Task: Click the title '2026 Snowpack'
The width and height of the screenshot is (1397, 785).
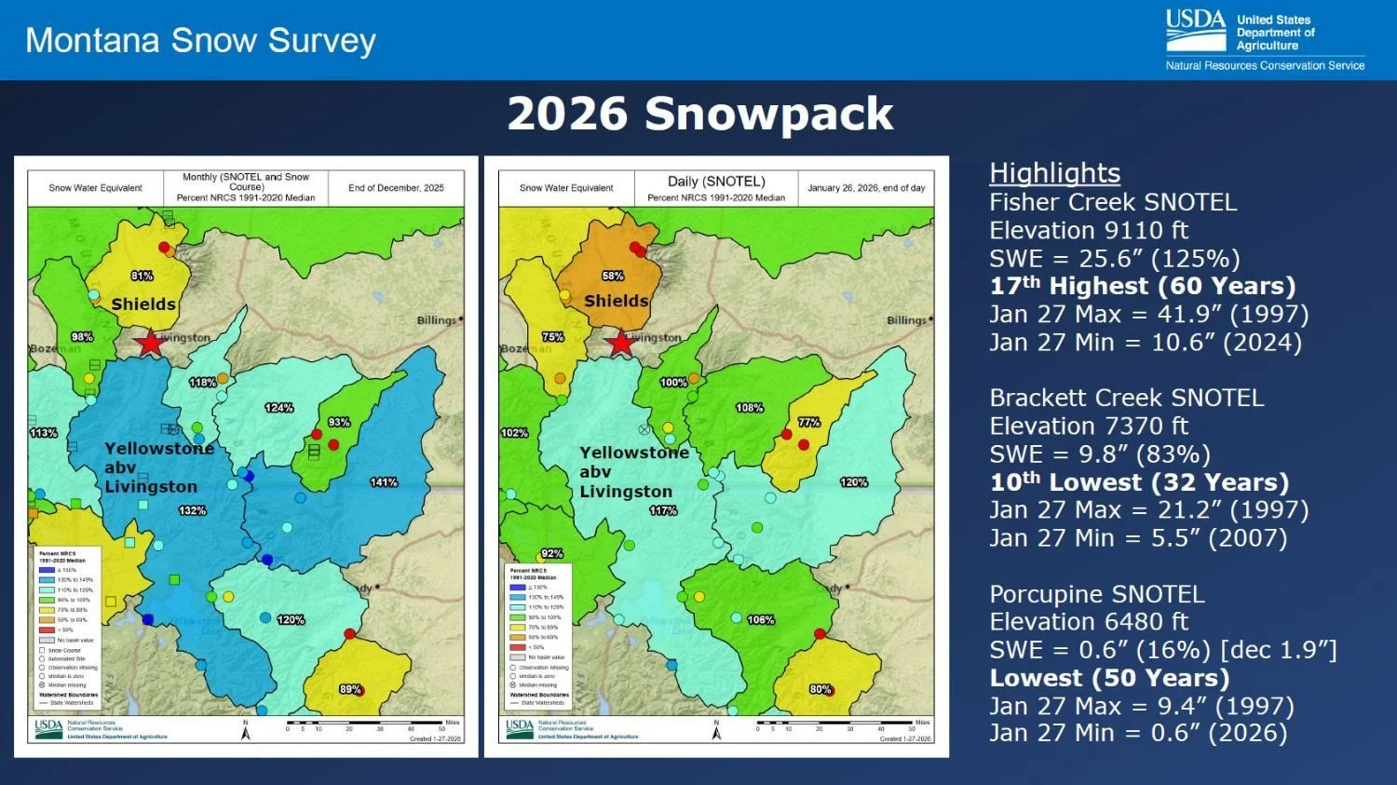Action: pos(699,114)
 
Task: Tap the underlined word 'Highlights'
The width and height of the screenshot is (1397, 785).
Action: pos(1054,173)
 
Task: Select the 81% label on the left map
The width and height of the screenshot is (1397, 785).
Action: pos(142,276)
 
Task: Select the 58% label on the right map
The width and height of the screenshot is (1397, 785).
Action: pos(613,276)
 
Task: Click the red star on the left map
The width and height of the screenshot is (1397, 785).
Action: pos(150,342)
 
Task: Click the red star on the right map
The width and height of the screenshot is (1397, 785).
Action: pos(621,342)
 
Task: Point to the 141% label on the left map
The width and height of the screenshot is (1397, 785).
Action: pos(384,482)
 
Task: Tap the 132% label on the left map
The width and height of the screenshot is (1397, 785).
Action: pos(192,510)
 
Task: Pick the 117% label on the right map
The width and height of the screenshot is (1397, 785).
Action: pos(663,510)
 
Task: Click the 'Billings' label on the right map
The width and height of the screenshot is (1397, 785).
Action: pos(906,320)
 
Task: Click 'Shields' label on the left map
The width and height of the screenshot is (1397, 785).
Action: pos(143,305)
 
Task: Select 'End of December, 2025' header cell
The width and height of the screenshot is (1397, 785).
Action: pos(396,188)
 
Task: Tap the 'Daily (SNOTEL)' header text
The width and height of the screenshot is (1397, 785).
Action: pos(716,182)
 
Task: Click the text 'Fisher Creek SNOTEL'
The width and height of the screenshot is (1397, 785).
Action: pos(1113,202)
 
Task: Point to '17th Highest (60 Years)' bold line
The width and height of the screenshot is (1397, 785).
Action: pos(1143,286)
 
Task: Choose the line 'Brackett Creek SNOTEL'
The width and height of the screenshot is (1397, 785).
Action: pos(1126,398)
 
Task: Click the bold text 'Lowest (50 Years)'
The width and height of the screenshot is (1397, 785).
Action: pos(1109,678)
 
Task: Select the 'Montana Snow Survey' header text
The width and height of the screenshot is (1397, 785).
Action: pos(200,40)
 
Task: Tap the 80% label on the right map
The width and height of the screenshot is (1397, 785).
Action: pos(821,690)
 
